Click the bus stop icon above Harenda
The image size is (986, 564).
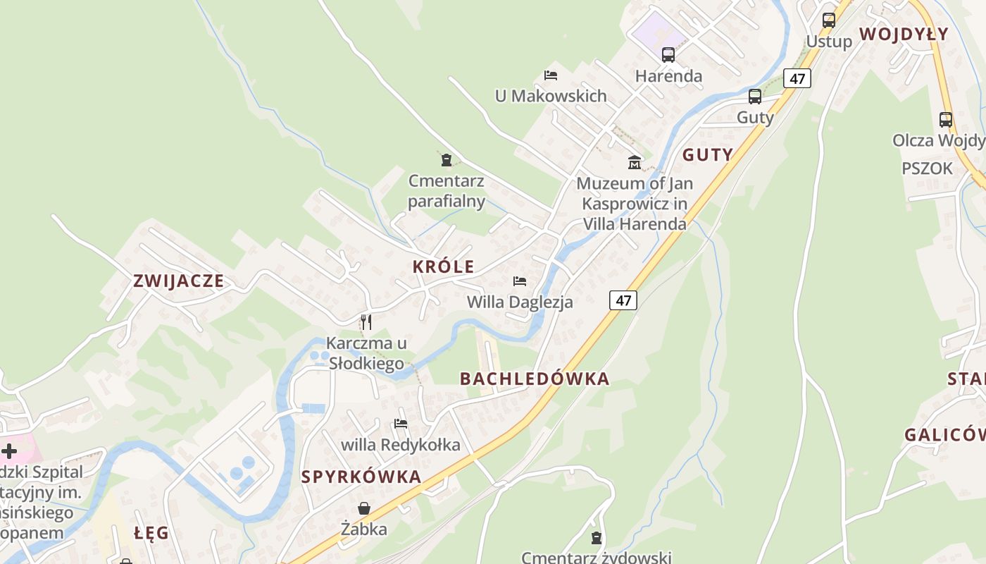pos(668,54)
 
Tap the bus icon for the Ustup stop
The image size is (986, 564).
pos(829,20)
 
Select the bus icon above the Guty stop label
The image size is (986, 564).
pos(755,97)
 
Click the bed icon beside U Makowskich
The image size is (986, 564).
pos(551,75)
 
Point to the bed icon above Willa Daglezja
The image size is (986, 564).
pos(520,281)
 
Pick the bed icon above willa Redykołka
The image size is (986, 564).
pos(401,424)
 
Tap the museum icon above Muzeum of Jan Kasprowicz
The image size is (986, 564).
pos(635,163)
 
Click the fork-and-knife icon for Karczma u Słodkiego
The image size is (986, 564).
pos(366,322)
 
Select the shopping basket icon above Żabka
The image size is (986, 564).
pos(364,508)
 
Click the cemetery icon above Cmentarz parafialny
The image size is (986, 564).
pos(446,160)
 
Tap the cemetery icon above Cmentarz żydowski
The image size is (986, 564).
pos(597,538)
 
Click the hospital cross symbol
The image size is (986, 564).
pos(9,451)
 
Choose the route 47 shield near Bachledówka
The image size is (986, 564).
pos(623,300)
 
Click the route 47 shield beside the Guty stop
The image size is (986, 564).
pos(797,78)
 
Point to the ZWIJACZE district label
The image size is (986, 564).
pos(179,281)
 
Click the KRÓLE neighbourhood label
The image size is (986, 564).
pos(443,267)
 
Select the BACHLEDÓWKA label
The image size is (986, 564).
pos(535,379)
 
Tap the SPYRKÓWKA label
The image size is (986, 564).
pos(361,477)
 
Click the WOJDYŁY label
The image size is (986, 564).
pos(904,34)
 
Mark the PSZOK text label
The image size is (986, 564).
pos(927,168)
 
